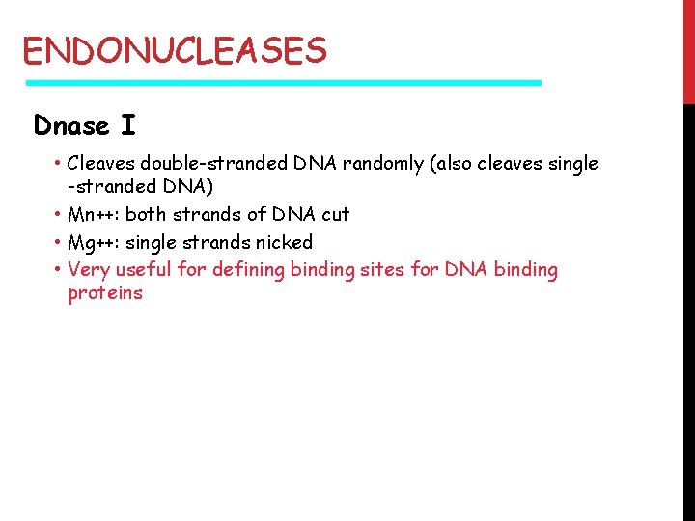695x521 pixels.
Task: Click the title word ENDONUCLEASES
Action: pyautogui.click(x=175, y=49)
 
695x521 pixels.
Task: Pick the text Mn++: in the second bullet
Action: pyautogui.click(x=94, y=214)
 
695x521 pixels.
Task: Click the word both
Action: pyautogui.click(x=146, y=214)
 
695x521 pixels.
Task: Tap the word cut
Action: pyautogui.click(x=335, y=214)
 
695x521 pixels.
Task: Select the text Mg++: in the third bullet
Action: pyautogui.click(x=94, y=242)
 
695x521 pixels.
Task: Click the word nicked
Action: pyautogui.click(x=284, y=242)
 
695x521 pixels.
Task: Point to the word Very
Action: pyautogui.click(x=88, y=270)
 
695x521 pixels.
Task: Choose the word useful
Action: pyautogui.click(x=145, y=270)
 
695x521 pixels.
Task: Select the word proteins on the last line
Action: pyautogui.click(x=104, y=294)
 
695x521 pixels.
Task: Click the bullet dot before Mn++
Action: pyautogui.click(x=59, y=214)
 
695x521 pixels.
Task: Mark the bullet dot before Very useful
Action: pyautogui.click(x=59, y=270)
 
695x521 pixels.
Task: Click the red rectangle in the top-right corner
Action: pyautogui.click(x=688, y=51)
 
